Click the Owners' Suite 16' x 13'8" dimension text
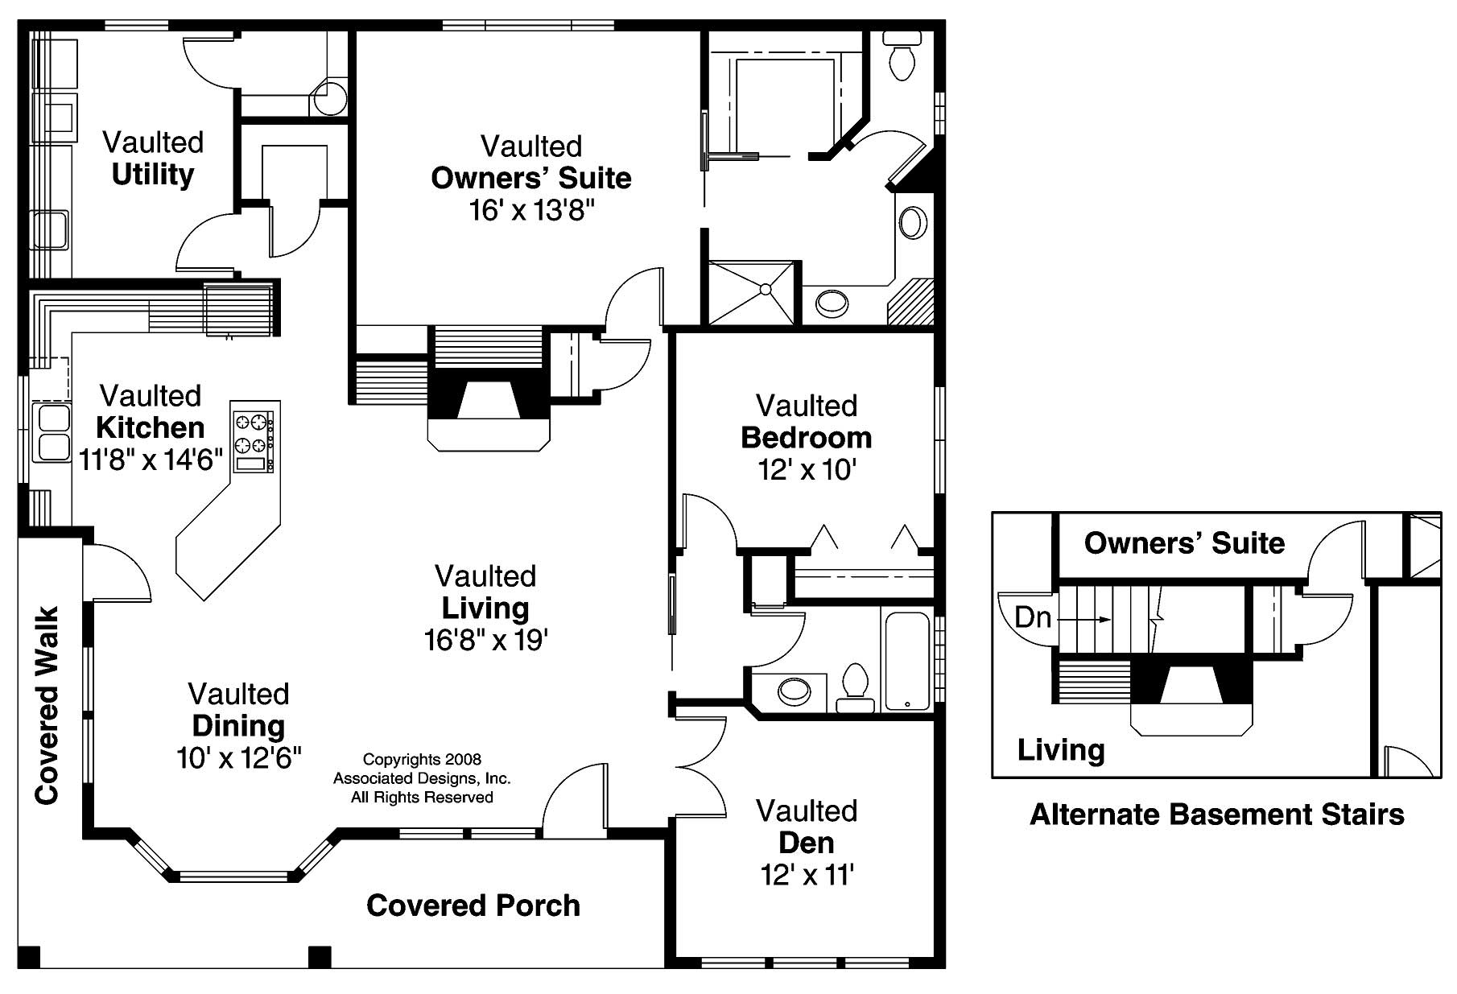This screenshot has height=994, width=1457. click(x=531, y=211)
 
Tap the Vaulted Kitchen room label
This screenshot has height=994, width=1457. click(x=151, y=412)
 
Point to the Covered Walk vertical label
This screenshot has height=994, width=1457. click(x=47, y=705)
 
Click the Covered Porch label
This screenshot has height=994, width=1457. click(x=473, y=905)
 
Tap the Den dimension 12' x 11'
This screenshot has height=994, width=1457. click(x=807, y=875)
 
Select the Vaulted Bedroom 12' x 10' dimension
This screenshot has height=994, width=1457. click(x=807, y=469)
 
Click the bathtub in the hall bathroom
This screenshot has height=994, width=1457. click(x=907, y=662)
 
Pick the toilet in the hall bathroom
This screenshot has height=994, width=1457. click(x=854, y=689)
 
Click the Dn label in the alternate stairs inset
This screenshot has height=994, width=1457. click(x=1033, y=617)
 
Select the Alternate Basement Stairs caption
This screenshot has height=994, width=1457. click(x=1216, y=815)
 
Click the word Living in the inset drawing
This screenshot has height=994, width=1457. click(x=1061, y=750)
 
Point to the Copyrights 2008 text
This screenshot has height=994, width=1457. click(x=422, y=759)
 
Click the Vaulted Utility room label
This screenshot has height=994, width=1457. click(x=153, y=159)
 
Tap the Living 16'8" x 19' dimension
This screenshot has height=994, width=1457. click(x=485, y=641)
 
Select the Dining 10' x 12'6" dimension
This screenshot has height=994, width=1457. click(x=239, y=758)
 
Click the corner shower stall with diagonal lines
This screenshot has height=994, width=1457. click(x=752, y=291)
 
